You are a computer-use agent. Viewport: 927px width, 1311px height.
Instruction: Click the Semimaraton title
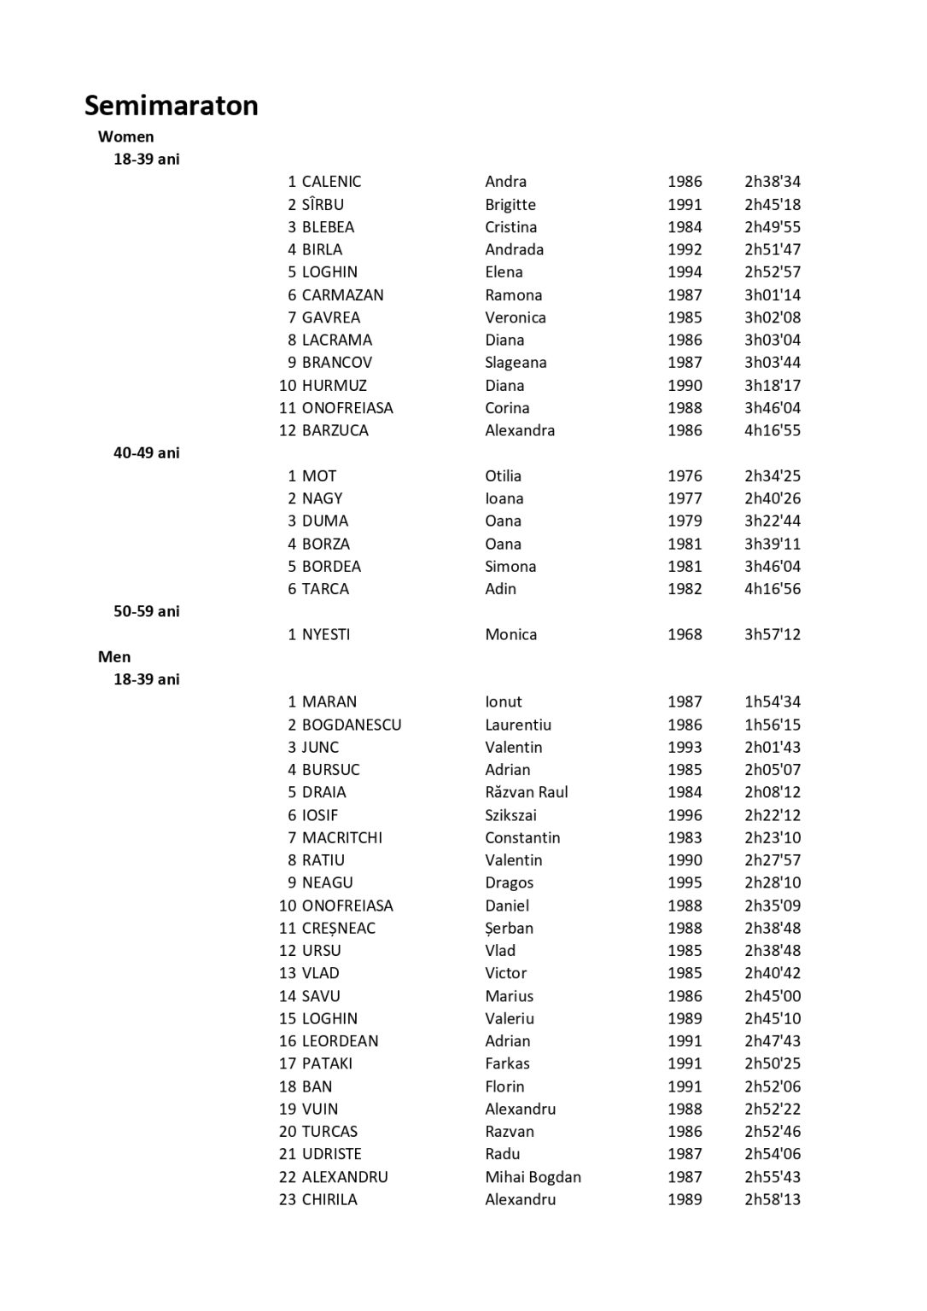171,105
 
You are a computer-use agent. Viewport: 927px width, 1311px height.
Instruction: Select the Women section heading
125,137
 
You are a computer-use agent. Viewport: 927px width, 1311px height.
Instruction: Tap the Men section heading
114,656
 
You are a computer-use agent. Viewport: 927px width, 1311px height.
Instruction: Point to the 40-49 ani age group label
146,452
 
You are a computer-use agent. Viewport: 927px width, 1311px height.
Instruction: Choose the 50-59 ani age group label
146,611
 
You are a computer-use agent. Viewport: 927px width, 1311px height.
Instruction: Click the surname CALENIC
331,181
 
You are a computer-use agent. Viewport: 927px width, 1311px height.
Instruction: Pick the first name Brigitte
510,204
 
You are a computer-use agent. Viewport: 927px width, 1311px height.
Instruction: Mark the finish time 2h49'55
772,227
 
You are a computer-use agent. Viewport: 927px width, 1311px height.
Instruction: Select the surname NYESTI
325,634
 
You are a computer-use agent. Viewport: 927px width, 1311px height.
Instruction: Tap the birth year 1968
685,634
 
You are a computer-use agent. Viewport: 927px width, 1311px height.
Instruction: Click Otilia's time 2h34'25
772,475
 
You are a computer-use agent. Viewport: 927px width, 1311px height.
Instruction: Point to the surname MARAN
329,702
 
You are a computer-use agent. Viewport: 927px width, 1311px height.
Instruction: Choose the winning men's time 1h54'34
772,702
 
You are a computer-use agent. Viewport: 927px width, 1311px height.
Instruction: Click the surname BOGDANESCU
351,725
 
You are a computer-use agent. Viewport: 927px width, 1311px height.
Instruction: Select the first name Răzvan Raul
526,792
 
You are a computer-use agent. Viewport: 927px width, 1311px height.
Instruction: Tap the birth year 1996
685,815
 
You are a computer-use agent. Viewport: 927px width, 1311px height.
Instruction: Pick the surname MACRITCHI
341,837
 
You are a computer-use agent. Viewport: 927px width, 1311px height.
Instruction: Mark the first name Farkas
507,1063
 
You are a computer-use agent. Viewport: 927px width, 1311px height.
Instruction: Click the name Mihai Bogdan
533,1177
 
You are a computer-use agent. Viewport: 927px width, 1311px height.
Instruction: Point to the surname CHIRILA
329,1199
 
